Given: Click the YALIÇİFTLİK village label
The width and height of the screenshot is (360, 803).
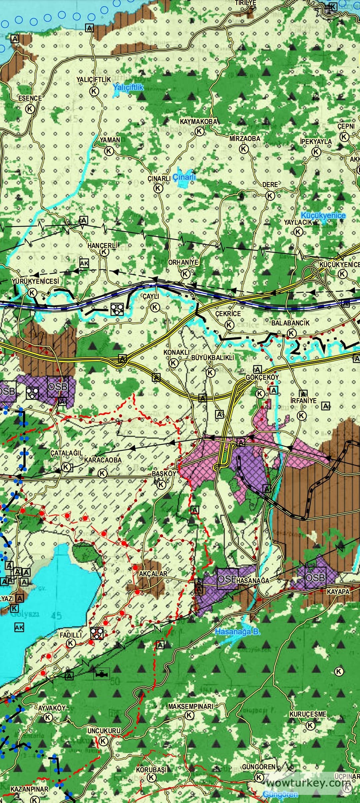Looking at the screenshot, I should coord(93,80).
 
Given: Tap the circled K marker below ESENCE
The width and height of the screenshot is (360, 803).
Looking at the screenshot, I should coord(30,109).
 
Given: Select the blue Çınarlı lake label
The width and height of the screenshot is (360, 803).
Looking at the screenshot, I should coord(184,177).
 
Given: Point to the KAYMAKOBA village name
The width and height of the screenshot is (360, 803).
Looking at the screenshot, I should coord(198,122).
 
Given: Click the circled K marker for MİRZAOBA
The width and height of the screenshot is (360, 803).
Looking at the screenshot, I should coord(244,149).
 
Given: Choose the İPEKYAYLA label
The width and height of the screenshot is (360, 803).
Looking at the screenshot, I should coord(316,142).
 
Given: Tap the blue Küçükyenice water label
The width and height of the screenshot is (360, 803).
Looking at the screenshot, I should coord(323,215).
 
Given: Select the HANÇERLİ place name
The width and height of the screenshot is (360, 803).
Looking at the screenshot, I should coord(103,246).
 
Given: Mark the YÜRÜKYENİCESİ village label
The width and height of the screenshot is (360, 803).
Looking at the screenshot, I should coord(35,281).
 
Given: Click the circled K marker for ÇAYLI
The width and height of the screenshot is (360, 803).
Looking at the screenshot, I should coord(155,307).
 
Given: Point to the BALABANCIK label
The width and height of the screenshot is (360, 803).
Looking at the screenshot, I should coord(290,323).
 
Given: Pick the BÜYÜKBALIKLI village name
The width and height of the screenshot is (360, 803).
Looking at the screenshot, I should coord(213,358).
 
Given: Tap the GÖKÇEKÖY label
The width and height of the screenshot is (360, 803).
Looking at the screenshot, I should coord(262,377).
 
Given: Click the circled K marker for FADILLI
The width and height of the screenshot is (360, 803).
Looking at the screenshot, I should coord(71,643).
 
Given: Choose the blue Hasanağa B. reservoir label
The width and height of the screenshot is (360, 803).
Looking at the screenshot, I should coord(237,632).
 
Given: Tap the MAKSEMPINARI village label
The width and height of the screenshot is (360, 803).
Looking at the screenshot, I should coord(190,707).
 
